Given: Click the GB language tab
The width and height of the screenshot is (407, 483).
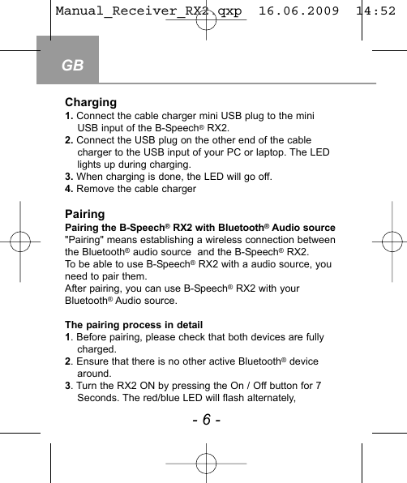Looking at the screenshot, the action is click(x=72, y=65).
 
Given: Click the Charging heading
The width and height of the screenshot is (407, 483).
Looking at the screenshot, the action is click(x=91, y=103).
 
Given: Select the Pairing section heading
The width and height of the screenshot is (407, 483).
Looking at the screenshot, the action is click(x=84, y=215).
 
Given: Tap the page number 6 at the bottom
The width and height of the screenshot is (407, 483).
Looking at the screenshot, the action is click(x=206, y=419).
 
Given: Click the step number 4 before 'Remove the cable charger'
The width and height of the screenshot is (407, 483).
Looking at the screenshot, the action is click(x=68, y=189).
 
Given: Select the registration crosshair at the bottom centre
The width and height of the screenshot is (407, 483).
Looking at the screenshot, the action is click(x=206, y=463).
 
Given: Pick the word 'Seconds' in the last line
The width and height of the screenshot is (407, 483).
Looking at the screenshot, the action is click(x=99, y=398).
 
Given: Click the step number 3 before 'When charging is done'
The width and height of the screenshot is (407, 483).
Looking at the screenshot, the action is click(x=68, y=176).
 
